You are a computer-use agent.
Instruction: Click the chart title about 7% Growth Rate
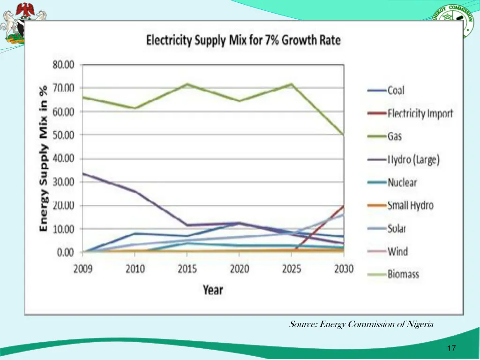(x=243, y=40)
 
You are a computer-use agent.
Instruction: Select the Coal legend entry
(x=396, y=90)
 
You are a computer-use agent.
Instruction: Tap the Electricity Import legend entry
(x=420, y=113)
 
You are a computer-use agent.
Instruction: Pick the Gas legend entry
(x=395, y=136)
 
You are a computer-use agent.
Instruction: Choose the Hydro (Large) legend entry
(x=413, y=159)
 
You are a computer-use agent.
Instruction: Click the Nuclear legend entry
(x=402, y=182)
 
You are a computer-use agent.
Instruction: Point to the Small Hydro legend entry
(x=410, y=205)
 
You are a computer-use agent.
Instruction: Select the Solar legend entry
(x=397, y=228)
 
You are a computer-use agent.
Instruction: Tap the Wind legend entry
(x=397, y=251)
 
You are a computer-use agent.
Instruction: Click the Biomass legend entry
(x=403, y=274)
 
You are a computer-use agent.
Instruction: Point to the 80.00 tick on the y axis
(x=63, y=65)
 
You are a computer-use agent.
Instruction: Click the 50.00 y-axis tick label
(x=63, y=135)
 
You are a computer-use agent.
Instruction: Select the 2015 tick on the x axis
(x=187, y=269)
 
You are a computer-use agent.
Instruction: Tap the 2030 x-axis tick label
(x=344, y=269)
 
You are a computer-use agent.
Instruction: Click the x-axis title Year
(x=213, y=290)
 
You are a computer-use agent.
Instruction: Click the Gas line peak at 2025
(x=292, y=84)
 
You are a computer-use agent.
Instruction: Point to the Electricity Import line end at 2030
(x=344, y=206)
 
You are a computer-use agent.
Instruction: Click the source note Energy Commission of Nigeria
(x=361, y=324)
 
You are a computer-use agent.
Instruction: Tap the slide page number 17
(x=452, y=348)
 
